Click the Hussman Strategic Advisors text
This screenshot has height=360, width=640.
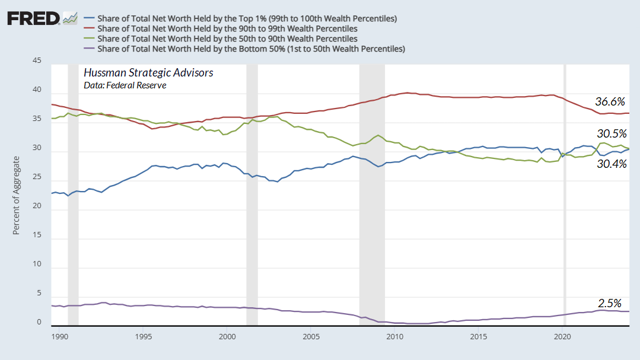(x=148, y=73)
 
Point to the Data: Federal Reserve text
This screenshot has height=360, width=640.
(x=125, y=85)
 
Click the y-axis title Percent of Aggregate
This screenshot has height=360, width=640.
(x=17, y=195)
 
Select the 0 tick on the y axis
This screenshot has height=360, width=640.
(x=39, y=323)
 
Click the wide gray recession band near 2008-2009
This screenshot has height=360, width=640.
(x=372, y=178)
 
